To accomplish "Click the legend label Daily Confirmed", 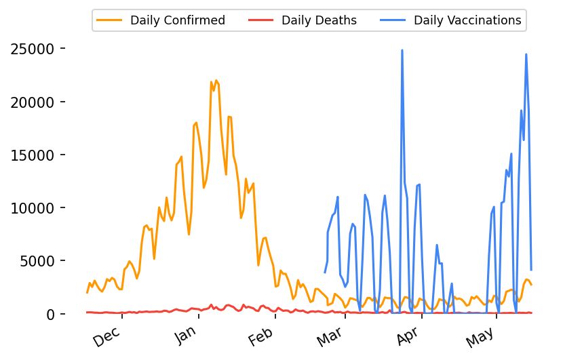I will click(x=178, y=20).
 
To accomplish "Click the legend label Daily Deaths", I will click(x=319, y=20).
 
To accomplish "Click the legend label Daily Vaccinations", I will click(x=467, y=20).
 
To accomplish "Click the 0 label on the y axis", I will click(x=51, y=314).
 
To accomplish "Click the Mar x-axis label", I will click(x=333, y=336).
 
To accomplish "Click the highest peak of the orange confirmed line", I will click(x=216, y=81).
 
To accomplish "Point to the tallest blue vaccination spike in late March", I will click(x=402, y=50).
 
